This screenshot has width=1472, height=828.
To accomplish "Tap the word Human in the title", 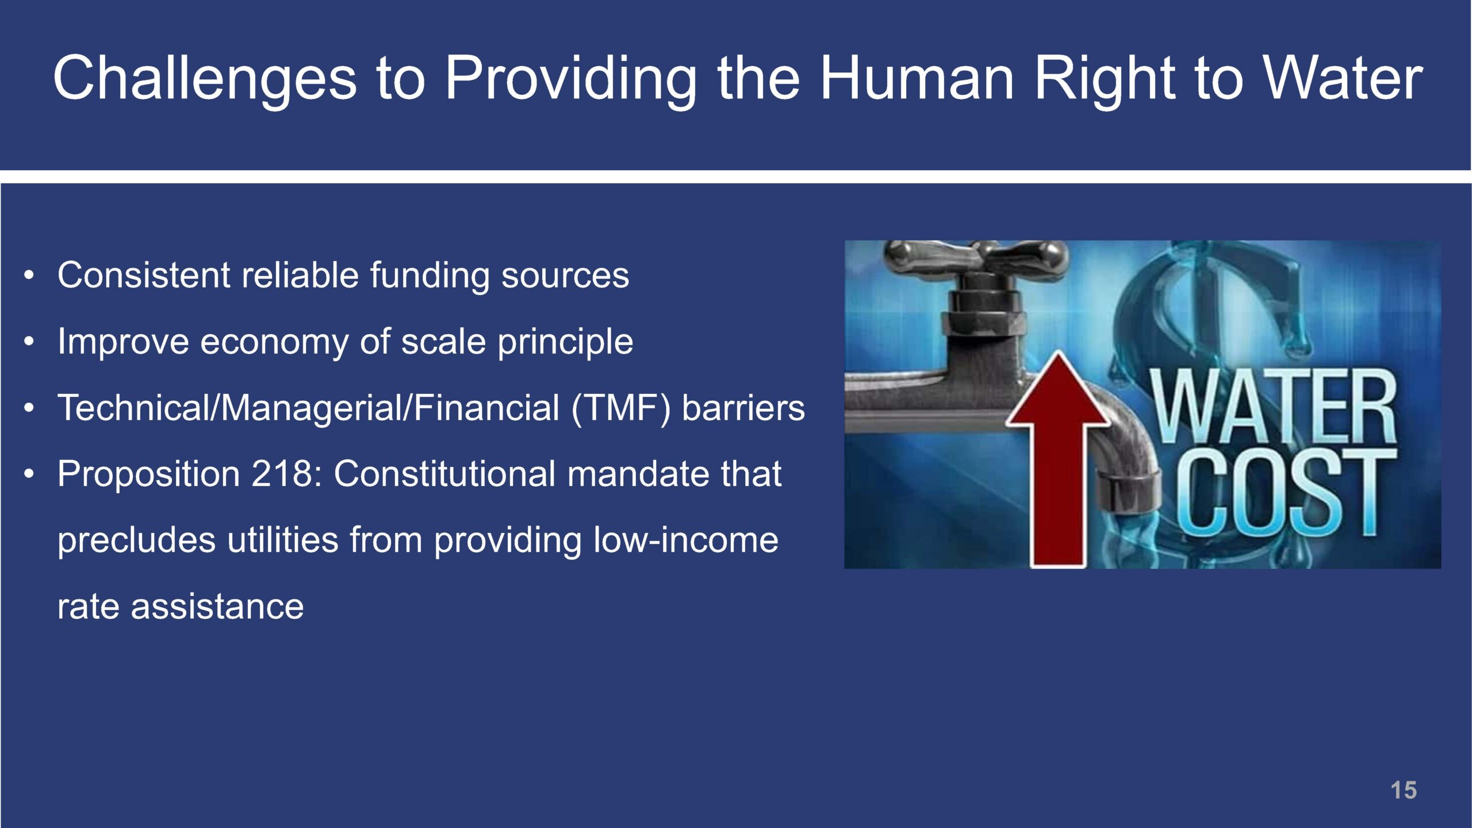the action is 917,77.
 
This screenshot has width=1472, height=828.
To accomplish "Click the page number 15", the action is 1404,790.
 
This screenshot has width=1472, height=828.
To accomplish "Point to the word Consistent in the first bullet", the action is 144,275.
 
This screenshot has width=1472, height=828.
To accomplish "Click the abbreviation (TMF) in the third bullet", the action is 621,408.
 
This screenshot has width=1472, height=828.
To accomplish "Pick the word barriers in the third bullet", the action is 743,408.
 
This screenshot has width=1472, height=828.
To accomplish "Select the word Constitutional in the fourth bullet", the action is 445,474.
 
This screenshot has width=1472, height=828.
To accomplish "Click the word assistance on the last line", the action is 217,607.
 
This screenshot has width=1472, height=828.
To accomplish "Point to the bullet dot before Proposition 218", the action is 29,475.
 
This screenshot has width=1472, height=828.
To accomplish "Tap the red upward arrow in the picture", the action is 1058,459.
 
